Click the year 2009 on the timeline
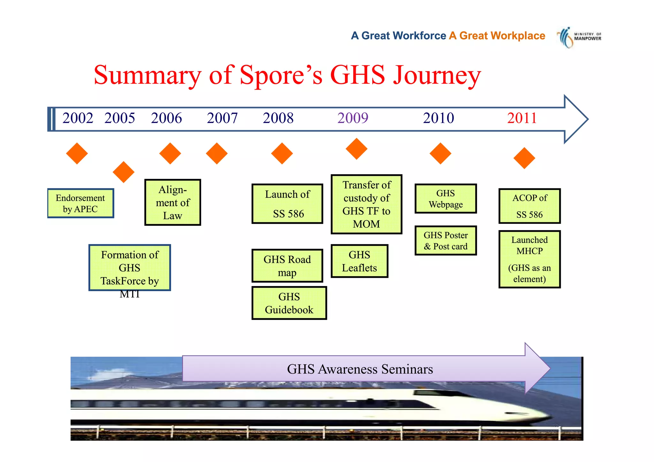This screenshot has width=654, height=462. [x=353, y=118]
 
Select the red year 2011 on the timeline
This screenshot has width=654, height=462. [x=522, y=118]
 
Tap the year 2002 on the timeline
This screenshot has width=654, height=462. [x=78, y=118]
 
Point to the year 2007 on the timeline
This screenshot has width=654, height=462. [x=222, y=118]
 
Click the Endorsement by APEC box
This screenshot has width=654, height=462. [x=80, y=203]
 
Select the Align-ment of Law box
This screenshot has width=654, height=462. [x=172, y=202]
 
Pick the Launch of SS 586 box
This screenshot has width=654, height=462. [x=287, y=204]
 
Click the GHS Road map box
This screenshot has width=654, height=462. [x=287, y=266]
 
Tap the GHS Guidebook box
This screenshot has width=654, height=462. [x=289, y=303]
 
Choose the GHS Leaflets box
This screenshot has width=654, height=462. [x=359, y=261]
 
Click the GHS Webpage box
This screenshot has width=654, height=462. [x=445, y=199]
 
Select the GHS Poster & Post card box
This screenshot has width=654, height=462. [x=445, y=241]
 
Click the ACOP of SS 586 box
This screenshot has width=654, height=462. [x=529, y=206]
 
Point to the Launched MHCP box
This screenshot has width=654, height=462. [x=529, y=259]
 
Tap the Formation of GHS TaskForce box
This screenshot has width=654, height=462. [x=130, y=268]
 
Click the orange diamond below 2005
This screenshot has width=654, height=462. [x=124, y=172]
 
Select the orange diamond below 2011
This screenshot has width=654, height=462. [x=524, y=158]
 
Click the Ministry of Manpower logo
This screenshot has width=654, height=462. [x=578, y=37]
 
